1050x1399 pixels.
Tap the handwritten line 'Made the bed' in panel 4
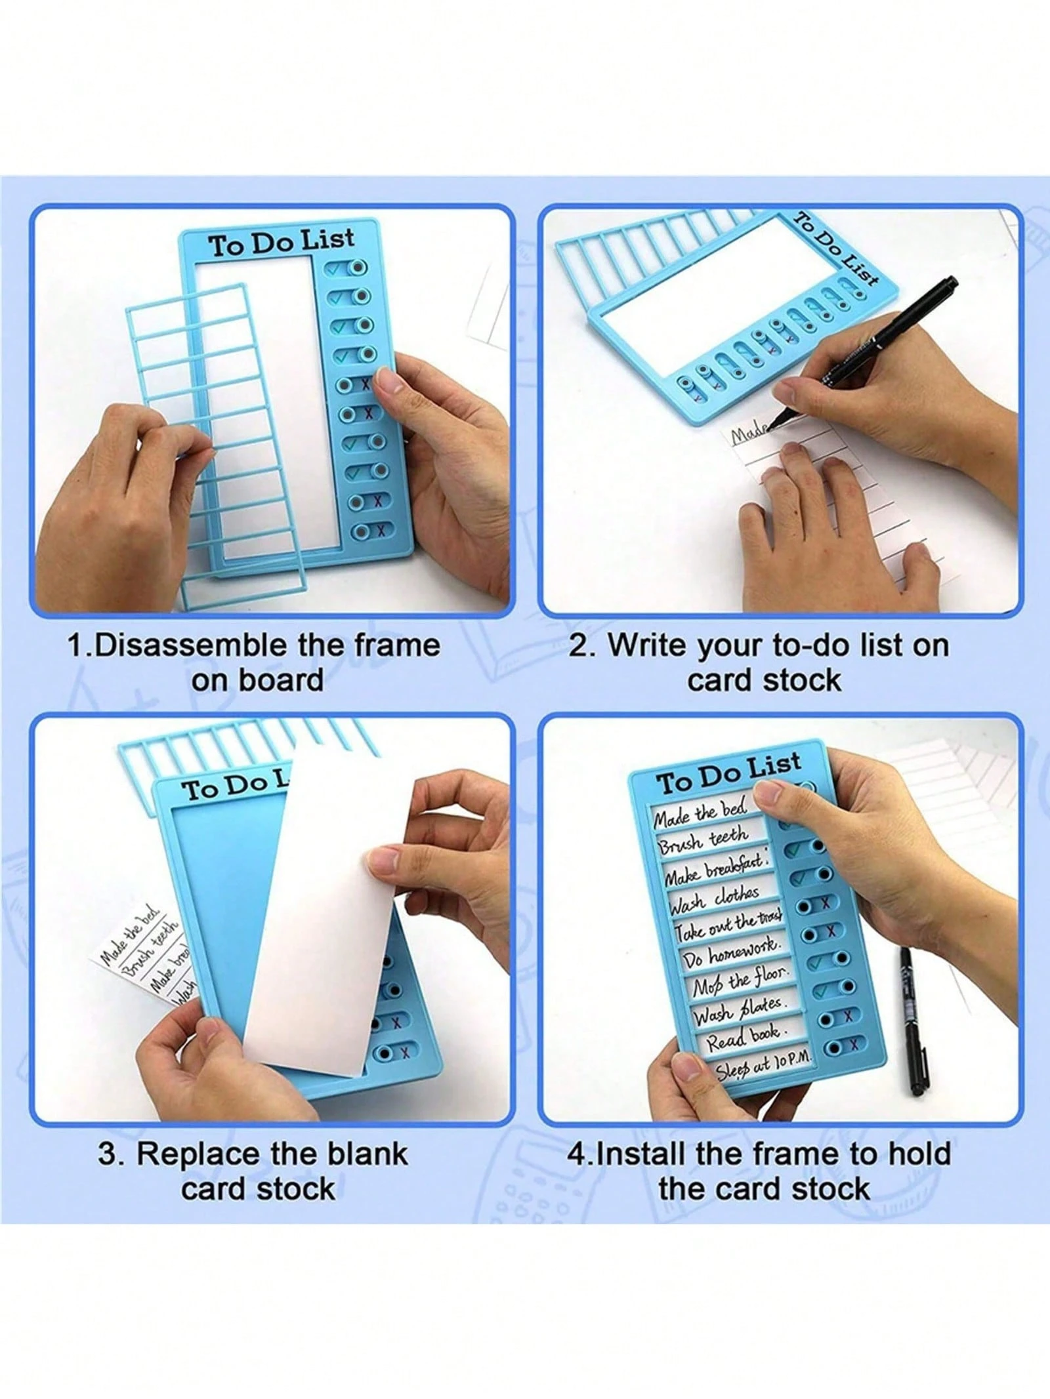click(700, 814)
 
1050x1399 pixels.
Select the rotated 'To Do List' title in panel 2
click(837, 249)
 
